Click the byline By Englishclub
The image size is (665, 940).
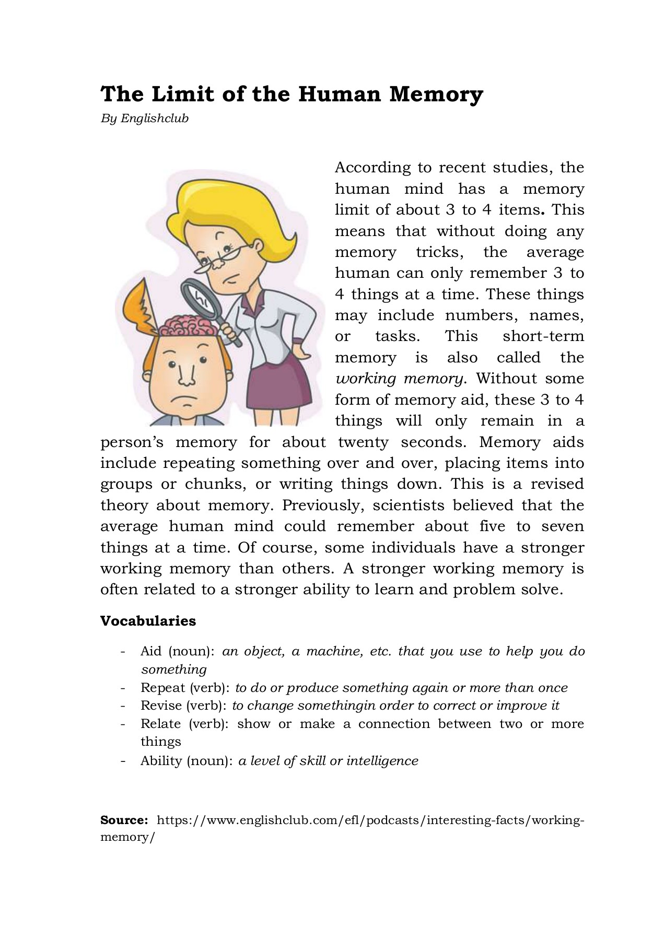[x=144, y=119]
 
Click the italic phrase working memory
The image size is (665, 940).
[x=399, y=379]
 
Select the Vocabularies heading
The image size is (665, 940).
[x=148, y=621]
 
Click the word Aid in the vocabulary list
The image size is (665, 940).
[x=151, y=651]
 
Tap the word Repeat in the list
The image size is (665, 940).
[x=162, y=688]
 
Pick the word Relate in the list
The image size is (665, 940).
[x=161, y=724]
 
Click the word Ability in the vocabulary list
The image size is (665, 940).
[x=161, y=761]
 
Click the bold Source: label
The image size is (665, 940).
[x=124, y=820]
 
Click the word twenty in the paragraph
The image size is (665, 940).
[x=363, y=442]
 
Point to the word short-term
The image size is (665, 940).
[x=543, y=336]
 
